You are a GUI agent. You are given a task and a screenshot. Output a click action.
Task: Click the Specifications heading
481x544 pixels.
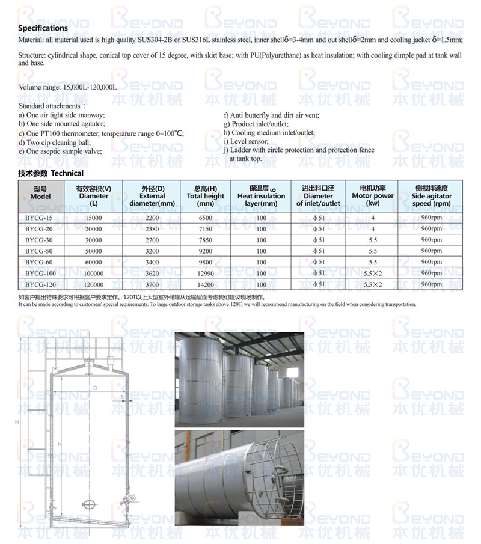[x=43, y=28]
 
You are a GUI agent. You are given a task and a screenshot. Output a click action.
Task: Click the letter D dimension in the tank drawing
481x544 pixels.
[x=95, y=388]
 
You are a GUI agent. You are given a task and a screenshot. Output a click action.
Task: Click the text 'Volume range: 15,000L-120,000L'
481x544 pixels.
[x=67, y=88]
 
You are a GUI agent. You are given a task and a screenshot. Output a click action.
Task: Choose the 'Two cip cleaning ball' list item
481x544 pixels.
[x=55, y=142]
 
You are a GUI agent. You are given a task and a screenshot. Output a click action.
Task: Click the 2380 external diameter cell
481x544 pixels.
[x=152, y=228]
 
